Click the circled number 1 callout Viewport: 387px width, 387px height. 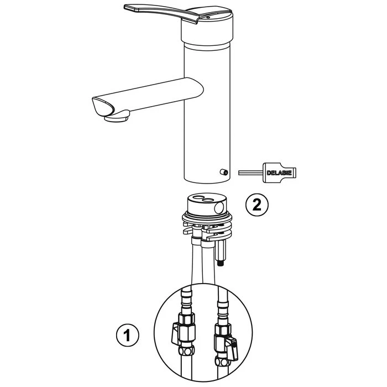tap(128, 335)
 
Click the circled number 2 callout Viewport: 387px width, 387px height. tap(257, 205)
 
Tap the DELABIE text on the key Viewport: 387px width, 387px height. tap(279, 172)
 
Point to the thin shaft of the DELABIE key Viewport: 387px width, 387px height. tap(250, 172)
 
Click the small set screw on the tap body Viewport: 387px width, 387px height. tap(224, 172)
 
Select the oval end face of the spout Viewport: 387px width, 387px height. tap(103, 106)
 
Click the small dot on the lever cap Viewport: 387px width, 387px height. tap(208, 17)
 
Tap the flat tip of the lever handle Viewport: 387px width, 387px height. tap(131, 8)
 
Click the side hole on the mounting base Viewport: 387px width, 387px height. tap(219, 207)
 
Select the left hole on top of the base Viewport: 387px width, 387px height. tap(197, 197)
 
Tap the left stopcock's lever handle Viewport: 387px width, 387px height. tap(175, 334)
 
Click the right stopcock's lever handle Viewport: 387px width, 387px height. tap(233, 348)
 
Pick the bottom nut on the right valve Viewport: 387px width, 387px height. tap(221, 362)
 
